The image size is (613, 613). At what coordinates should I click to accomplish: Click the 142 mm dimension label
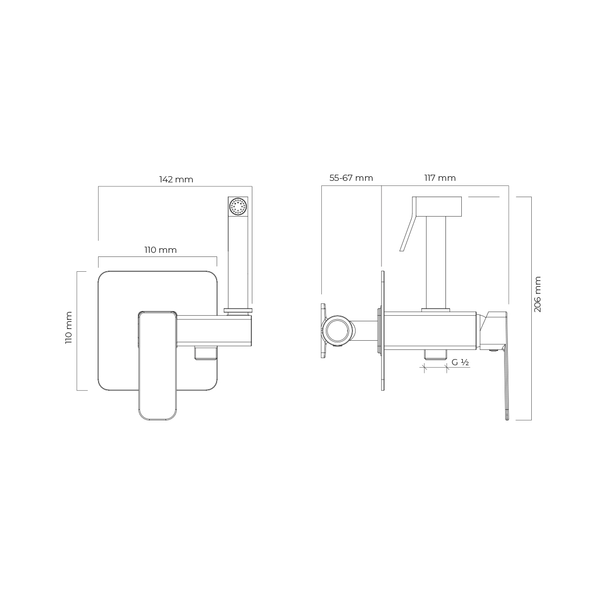point(176,180)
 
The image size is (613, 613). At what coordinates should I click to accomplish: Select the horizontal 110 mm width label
point(160,250)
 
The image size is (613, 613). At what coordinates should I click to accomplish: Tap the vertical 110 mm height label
point(69,327)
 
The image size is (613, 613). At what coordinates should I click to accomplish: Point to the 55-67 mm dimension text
point(351,178)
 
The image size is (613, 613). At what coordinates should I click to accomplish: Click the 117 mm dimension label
point(440,178)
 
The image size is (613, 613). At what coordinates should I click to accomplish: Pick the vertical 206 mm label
point(537,294)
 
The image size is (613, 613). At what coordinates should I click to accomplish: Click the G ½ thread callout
point(460,362)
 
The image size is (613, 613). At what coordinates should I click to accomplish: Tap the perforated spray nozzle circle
point(238,206)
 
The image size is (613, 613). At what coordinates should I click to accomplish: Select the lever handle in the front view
point(157,366)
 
